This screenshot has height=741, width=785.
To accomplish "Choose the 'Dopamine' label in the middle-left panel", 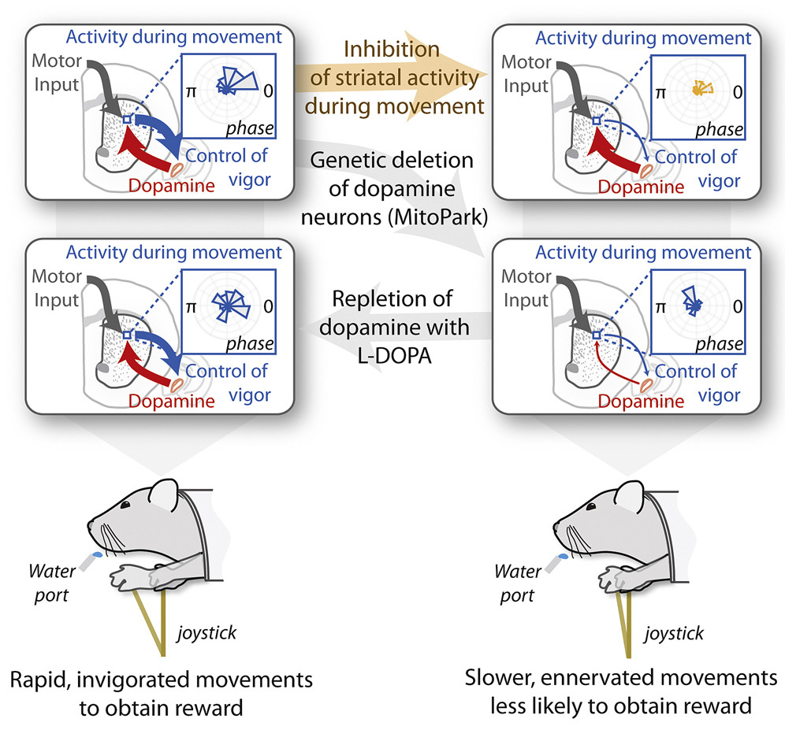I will pyautogui.click(x=172, y=402).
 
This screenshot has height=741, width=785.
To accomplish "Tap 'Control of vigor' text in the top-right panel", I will pyautogui.click(x=696, y=168).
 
